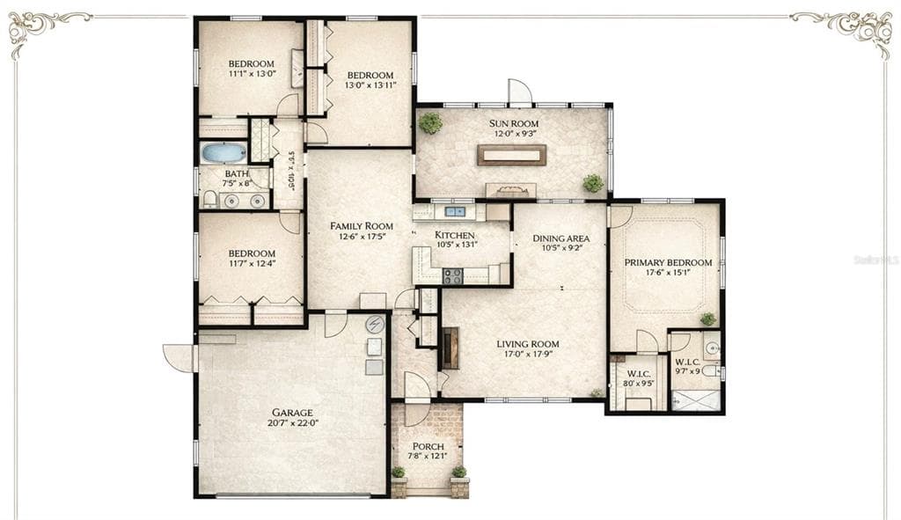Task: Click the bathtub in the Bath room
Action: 223,152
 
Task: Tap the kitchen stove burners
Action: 452,275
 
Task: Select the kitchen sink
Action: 455,211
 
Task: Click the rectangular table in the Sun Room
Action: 511,155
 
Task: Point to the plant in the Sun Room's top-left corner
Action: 430,123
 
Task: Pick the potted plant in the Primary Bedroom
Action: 707,319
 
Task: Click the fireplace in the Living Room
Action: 450,348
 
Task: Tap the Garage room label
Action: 292,413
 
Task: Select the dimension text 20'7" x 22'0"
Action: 292,423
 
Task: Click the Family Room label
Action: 361,226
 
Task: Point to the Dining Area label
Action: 560,238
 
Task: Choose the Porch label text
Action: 428,446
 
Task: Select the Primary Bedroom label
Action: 668,262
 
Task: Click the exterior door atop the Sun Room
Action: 519,92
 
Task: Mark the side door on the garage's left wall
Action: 179,356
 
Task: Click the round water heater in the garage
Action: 375,324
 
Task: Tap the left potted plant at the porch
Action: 399,473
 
